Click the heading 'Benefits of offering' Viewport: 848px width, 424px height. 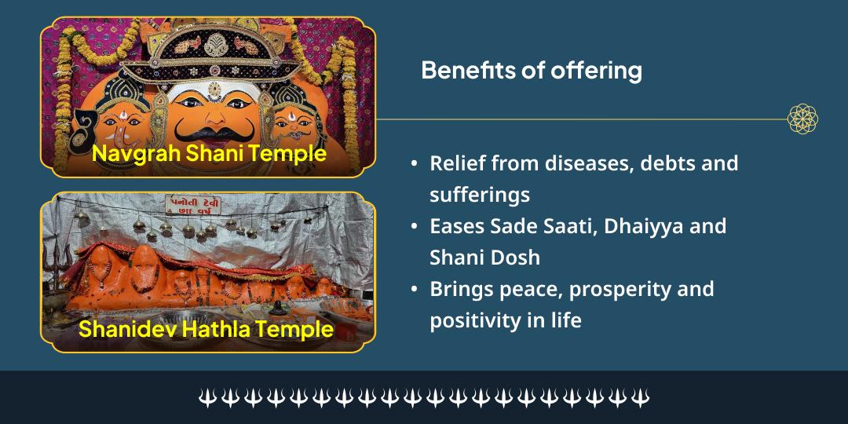531,71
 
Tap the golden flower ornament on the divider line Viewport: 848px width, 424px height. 802,119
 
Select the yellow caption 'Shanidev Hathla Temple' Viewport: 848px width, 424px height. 206,329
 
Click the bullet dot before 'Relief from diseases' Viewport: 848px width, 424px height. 414,164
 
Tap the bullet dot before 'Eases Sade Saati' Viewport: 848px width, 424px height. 414,227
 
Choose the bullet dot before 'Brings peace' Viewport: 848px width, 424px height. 414,290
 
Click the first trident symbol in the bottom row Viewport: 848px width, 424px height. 207,398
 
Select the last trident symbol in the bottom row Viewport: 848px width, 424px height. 641,398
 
